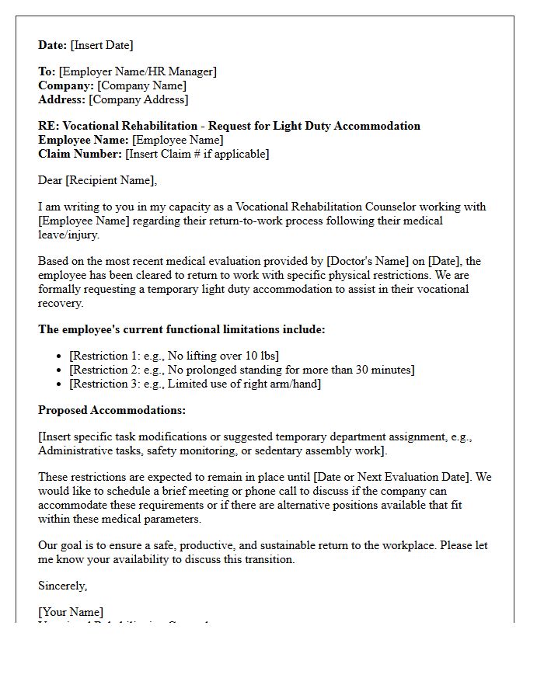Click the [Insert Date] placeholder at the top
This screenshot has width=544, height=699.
point(103,45)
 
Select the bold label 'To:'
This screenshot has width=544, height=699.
point(47,71)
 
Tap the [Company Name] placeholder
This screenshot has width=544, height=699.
point(142,85)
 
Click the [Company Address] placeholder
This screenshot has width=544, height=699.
point(138,99)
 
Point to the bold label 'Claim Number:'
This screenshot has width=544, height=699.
point(80,154)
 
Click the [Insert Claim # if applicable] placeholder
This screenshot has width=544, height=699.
point(197,154)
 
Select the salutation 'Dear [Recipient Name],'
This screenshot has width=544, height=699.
point(97,180)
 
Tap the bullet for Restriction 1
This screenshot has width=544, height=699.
point(60,356)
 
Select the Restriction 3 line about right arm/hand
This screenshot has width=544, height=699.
point(195,384)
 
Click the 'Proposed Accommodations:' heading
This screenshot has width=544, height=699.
point(112,410)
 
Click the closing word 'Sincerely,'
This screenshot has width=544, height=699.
point(63,586)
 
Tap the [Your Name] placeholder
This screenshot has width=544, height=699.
point(71,612)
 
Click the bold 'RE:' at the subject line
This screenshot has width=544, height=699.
point(48,126)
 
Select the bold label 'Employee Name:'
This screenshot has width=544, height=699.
point(83,140)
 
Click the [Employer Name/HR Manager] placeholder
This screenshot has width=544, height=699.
point(138,71)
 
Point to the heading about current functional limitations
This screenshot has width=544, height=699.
point(182,329)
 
